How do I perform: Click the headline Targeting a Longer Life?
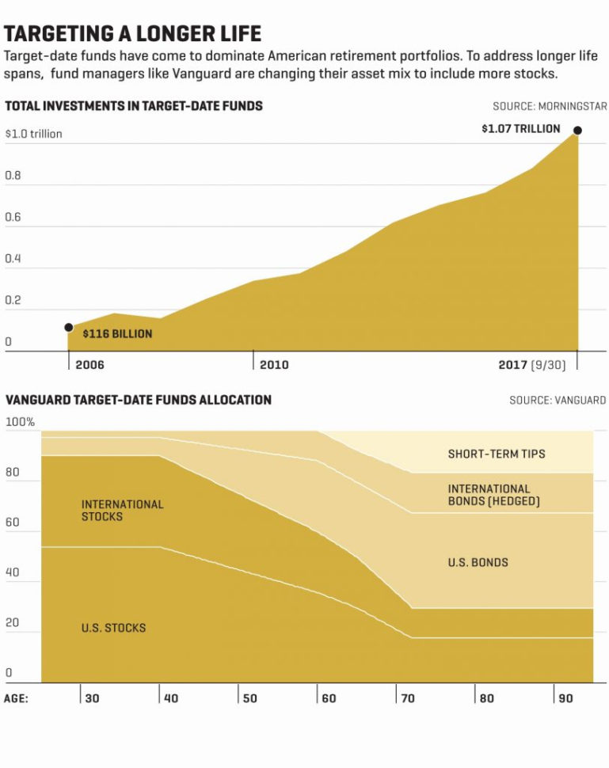pyautogui.click(x=132, y=34)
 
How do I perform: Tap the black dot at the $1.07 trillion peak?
pyautogui.click(x=577, y=130)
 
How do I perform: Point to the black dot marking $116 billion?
pyautogui.click(x=69, y=327)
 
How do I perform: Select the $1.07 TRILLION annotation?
pyautogui.click(x=520, y=128)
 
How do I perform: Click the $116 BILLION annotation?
pyautogui.click(x=117, y=334)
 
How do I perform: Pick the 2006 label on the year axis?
pyautogui.click(x=89, y=365)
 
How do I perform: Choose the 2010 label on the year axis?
pyautogui.click(x=274, y=365)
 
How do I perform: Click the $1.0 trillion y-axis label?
pyautogui.click(x=33, y=134)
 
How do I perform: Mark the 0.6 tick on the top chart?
pyautogui.click(x=13, y=218)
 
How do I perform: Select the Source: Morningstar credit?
pyautogui.click(x=549, y=106)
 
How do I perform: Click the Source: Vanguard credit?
pyautogui.click(x=557, y=401)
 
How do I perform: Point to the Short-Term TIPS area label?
pyautogui.click(x=497, y=454)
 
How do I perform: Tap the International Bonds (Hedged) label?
pyautogui.click(x=493, y=495)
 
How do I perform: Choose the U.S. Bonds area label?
pyautogui.click(x=478, y=562)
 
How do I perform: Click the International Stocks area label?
pyautogui.click(x=122, y=510)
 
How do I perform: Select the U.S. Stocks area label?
pyautogui.click(x=113, y=628)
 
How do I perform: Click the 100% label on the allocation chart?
pyautogui.click(x=20, y=422)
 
